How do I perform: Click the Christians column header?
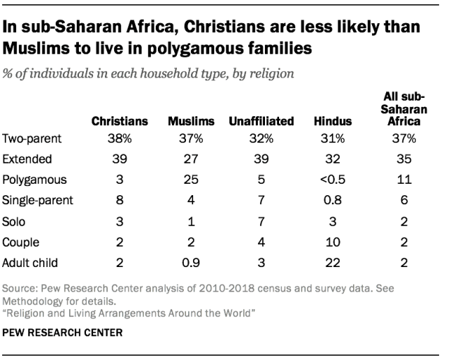(x=120, y=121)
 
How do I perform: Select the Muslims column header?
(x=191, y=121)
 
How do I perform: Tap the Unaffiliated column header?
(x=261, y=121)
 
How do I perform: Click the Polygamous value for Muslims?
(x=191, y=180)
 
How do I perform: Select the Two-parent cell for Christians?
(x=120, y=139)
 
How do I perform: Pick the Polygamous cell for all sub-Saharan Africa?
(x=404, y=180)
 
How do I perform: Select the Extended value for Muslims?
(x=191, y=159)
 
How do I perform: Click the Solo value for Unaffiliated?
(x=261, y=221)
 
